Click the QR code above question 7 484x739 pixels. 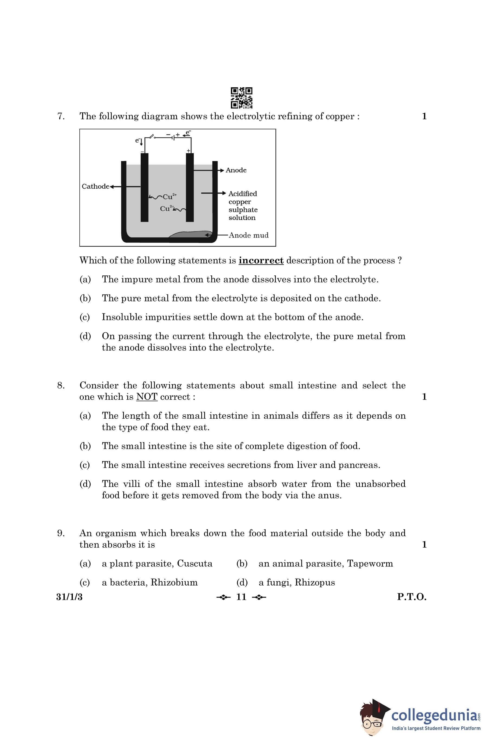point(241,98)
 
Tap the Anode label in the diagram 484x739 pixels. point(236,170)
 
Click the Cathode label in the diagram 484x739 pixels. point(95,186)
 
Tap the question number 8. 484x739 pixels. point(61,385)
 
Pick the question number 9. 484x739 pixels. point(61,533)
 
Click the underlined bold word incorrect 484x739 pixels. point(261,260)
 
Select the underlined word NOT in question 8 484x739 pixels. point(147,397)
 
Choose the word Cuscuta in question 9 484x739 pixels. point(195,564)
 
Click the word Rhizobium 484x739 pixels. point(174,583)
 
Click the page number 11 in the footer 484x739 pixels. point(241,597)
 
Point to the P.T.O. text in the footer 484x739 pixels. point(411,597)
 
